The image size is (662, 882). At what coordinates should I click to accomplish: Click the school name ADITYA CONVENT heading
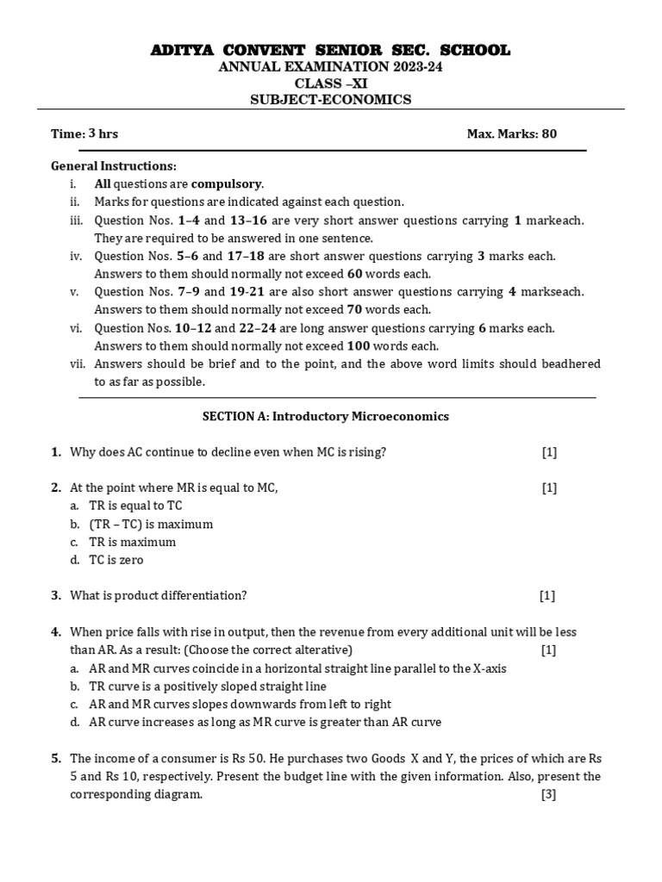pyautogui.click(x=331, y=51)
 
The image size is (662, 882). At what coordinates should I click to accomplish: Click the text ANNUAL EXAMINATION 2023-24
pyautogui.click(x=331, y=67)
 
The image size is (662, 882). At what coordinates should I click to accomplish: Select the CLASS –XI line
pyautogui.click(x=331, y=84)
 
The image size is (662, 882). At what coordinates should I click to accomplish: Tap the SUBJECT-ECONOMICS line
pyautogui.click(x=331, y=100)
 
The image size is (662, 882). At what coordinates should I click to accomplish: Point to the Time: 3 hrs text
pyautogui.click(x=84, y=134)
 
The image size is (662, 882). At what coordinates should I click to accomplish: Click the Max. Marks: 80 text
pyautogui.click(x=518, y=134)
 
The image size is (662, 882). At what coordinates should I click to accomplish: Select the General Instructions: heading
pyautogui.click(x=114, y=165)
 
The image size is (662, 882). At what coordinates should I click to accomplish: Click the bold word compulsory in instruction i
pyautogui.click(x=227, y=183)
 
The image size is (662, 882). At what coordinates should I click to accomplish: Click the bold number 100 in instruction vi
pyautogui.click(x=358, y=346)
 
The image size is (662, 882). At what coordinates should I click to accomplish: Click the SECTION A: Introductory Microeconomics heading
pyautogui.click(x=326, y=416)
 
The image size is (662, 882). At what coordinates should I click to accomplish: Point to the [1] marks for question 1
pyautogui.click(x=549, y=452)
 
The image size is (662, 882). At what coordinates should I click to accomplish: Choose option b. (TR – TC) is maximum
pyautogui.click(x=151, y=524)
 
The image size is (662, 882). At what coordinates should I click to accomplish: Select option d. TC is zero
pyautogui.click(x=116, y=560)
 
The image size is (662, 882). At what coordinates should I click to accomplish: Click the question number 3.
pyautogui.click(x=56, y=595)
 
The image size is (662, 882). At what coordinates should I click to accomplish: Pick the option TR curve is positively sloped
pyautogui.click(x=207, y=686)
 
